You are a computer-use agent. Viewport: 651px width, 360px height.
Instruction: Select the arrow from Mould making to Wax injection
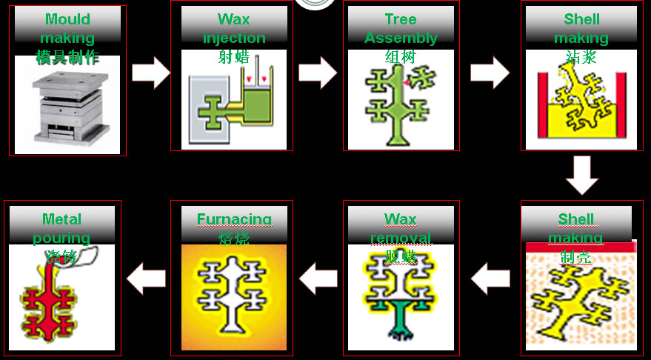click(x=151, y=72)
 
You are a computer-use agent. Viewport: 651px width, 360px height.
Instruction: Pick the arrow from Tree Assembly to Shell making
click(x=490, y=72)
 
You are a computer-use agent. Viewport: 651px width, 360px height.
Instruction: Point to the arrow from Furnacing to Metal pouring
click(x=145, y=280)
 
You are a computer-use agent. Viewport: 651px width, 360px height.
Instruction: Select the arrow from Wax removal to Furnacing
click(x=318, y=280)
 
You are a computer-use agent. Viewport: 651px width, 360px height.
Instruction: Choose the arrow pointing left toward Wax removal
click(x=490, y=280)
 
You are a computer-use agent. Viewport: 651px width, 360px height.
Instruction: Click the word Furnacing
click(x=233, y=219)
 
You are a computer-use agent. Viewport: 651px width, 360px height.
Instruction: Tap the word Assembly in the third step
click(x=401, y=38)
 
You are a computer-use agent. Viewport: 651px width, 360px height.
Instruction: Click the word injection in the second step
click(x=234, y=38)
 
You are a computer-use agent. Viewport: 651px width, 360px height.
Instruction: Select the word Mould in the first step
click(x=67, y=19)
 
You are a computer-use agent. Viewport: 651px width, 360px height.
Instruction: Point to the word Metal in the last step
click(x=62, y=219)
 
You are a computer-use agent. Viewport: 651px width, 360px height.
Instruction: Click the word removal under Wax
click(x=401, y=238)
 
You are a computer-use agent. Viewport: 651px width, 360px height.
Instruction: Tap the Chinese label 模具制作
click(x=67, y=57)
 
